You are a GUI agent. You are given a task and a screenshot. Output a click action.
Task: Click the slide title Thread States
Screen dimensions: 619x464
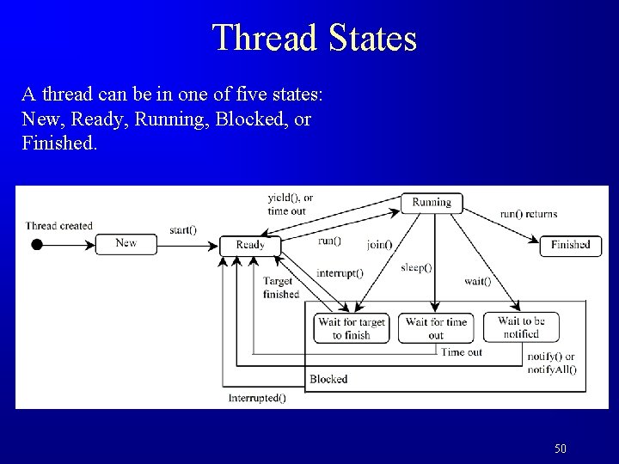click(x=314, y=37)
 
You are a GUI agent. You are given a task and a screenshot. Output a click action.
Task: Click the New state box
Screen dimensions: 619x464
click(x=126, y=243)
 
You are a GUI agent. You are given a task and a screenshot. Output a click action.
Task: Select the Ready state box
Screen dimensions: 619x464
click(x=250, y=245)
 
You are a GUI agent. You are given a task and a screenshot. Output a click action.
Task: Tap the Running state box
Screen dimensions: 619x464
click(x=432, y=203)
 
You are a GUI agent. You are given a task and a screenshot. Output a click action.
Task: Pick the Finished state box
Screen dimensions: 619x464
click(x=570, y=245)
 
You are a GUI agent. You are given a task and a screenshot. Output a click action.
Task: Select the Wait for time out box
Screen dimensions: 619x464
click(x=436, y=328)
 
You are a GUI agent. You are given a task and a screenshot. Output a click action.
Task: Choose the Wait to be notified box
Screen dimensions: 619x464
click(x=521, y=327)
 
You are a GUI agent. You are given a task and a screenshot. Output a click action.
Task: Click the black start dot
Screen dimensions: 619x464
click(x=36, y=244)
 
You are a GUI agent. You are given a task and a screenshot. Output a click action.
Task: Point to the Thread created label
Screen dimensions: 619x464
click(x=59, y=226)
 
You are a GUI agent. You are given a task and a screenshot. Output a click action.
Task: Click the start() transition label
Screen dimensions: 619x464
click(x=182, y=229)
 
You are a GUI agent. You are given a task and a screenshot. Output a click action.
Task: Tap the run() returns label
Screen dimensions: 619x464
click(x=528, y=214)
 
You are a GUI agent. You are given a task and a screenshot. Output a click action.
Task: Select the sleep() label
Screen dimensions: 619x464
click(x=416, y=267)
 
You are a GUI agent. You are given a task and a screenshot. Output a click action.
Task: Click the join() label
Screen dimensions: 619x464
click(x=378, y=244)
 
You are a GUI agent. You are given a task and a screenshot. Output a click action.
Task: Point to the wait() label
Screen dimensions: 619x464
click(x=478, y=281)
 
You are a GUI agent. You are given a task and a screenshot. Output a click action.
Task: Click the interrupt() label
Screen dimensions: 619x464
click(x=340, y=273)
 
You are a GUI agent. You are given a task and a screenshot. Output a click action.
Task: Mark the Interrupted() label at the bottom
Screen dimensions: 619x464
click(x=258, y=398)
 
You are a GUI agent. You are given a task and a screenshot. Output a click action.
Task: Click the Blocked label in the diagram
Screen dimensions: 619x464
click(x=328, y=379)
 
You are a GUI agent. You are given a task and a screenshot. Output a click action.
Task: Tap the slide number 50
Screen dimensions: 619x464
click(x=561, y=449)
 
